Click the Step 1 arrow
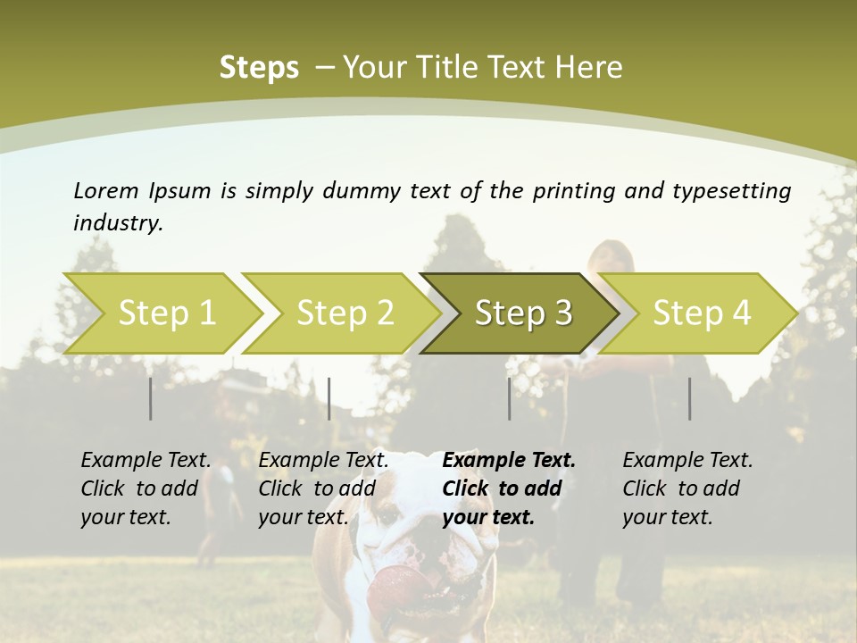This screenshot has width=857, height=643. (166, 313)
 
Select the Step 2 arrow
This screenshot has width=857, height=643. (345, 313)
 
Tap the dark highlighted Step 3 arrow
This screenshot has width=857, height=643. (523, 313)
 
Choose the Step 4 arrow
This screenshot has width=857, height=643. (702, 313)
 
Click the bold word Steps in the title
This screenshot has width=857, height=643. (259, 67)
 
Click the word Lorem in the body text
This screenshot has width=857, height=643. (105, 190)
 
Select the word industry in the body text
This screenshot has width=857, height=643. (118, 223)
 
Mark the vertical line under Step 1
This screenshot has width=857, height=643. (151, 398)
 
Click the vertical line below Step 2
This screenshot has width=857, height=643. (329, 398)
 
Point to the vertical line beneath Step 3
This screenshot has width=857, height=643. (509, 398)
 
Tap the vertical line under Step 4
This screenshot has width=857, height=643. (689, 398)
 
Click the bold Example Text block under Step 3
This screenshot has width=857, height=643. (509, 489)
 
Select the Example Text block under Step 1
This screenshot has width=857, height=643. (146, 489)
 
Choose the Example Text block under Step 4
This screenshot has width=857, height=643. (687, 489)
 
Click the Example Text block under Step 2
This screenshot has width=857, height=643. (323, 489)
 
